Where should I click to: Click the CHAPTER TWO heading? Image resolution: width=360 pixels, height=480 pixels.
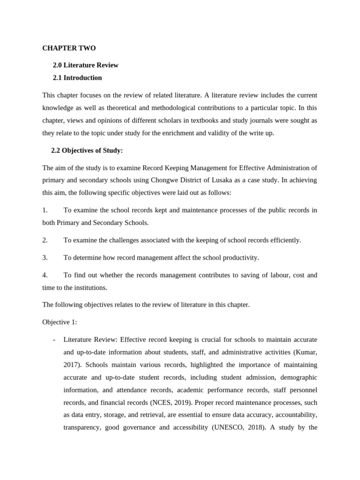[x=69, y=48]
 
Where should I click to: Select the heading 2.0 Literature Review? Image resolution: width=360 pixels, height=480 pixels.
[x=85, y=65]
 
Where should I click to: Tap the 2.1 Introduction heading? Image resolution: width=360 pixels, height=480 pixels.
[x=77, y=78]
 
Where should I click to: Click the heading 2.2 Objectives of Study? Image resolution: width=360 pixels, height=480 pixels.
[x=87, y=150]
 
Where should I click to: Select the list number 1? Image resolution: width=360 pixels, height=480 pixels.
[x=45, y=210]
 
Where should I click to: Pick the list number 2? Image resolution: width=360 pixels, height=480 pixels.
[x=45, y=240]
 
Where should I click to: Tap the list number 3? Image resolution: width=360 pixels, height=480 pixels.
[x=45, y=258]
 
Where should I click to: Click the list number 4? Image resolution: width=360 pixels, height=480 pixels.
[x=45, y=275]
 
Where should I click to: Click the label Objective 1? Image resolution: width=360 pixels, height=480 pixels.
[x=60, y=322]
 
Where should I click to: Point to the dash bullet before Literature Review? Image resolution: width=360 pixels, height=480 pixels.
[x=55, y=339]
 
